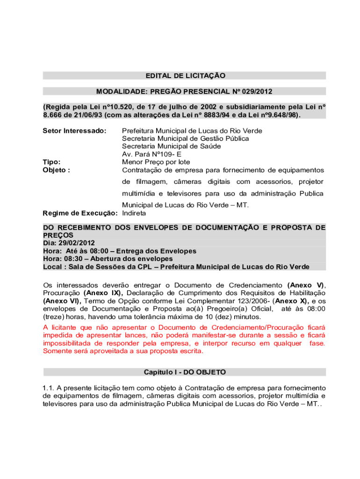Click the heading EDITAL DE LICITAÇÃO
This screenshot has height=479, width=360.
[x=185, y=75]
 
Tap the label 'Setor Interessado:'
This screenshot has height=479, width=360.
[x=75, y=131]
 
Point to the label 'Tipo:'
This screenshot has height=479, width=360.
[x=51, y=162]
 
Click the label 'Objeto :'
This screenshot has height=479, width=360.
[x=57, y=170]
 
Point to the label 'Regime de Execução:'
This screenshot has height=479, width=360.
[x=80, y=213]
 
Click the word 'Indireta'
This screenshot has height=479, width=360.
[x=134, y=213]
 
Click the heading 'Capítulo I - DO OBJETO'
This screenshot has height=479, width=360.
[x=185, y=372]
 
